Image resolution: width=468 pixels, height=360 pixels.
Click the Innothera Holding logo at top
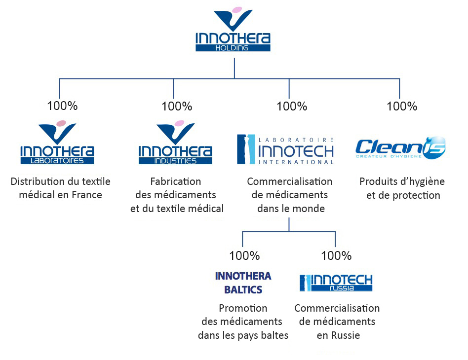point(233,31)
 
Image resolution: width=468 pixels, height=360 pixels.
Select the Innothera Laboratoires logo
point(57,144)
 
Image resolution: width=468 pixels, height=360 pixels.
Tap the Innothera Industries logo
point(175,144)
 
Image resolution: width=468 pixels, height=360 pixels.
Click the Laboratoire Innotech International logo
point(286,149)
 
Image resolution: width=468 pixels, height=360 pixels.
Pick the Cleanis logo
point(400,147)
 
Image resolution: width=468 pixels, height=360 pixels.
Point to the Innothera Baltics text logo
point(243,283)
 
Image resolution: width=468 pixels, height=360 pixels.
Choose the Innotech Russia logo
point(336,283)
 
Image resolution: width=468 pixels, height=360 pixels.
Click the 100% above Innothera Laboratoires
point(62,106)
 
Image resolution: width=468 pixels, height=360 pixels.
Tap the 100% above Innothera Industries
point(176,106)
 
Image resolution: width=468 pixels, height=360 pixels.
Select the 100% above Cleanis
point(402,106)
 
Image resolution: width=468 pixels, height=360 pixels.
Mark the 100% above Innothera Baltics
point(244,256)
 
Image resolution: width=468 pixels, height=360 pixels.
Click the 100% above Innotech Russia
point(336,256)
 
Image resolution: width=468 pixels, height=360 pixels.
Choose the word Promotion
point(243,308)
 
